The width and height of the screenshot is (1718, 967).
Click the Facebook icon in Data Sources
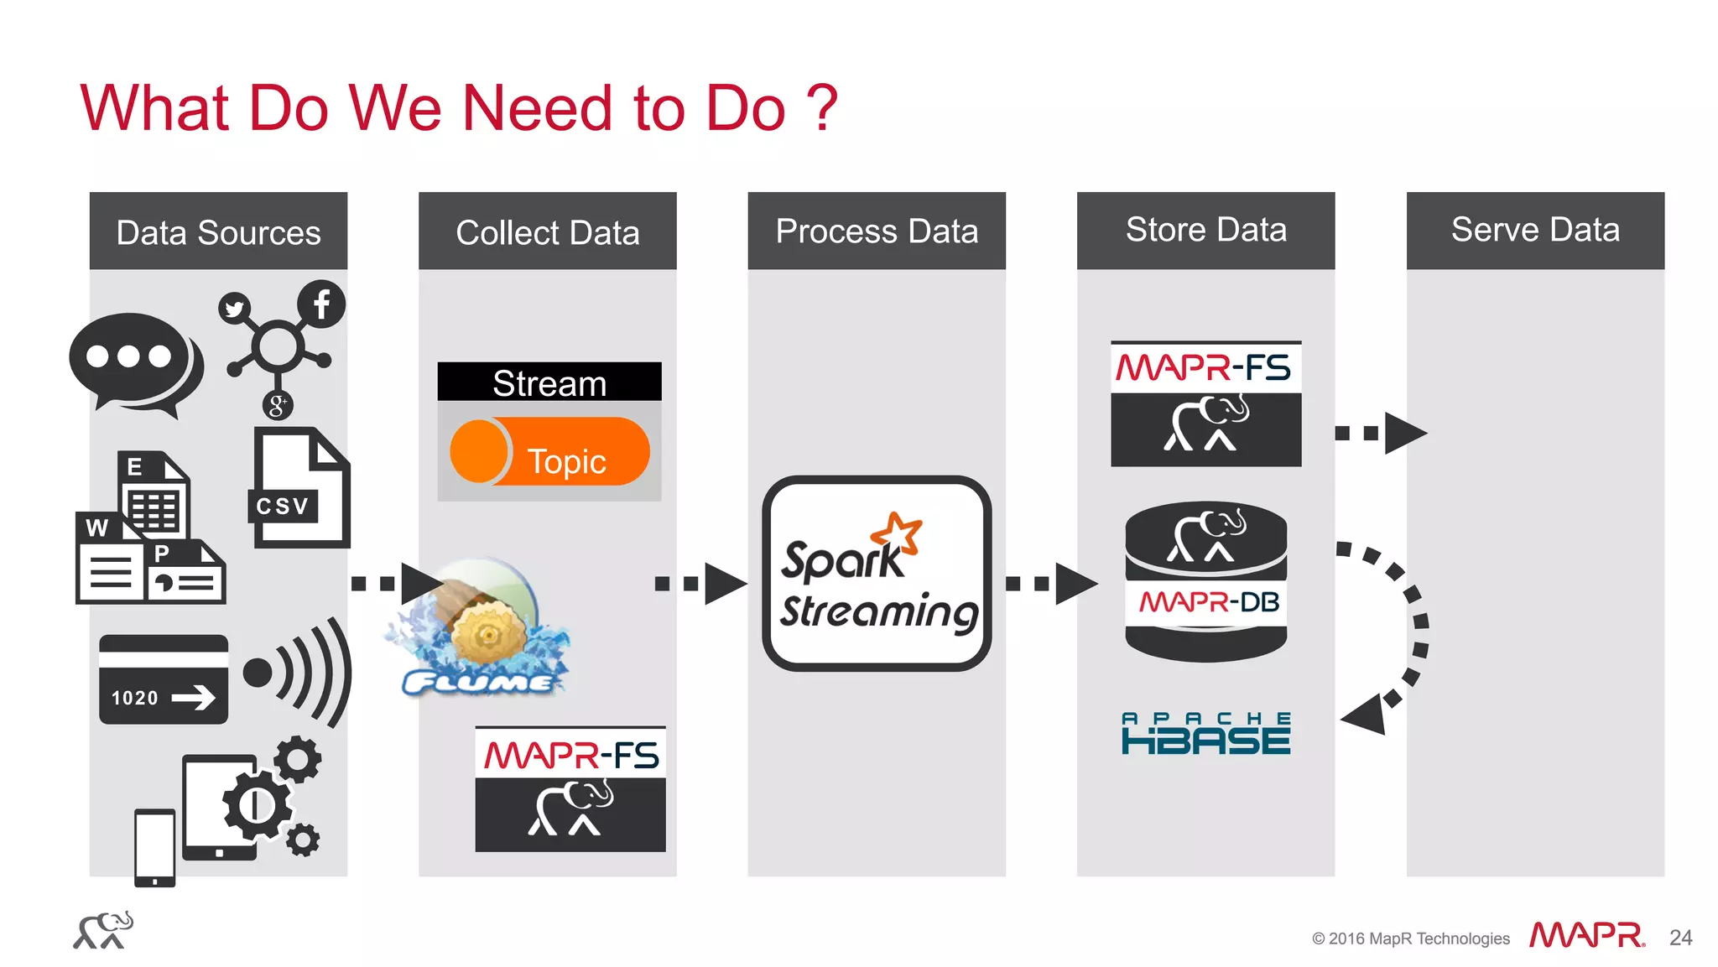(x=321, y=304)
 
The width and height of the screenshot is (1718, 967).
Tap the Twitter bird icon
(x=234, y=309)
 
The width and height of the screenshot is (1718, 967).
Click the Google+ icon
(x=278, y=405)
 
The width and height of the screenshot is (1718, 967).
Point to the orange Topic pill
(x=550, y=451)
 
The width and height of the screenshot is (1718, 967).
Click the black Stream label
(x=549, y=382)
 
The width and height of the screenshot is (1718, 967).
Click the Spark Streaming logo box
(x=877, y=574)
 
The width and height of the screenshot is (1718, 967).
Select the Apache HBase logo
(x=1205, y=734)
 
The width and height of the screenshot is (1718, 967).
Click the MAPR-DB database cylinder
(x=1205, y=581)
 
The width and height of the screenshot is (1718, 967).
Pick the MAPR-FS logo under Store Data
(x=1205, y=403)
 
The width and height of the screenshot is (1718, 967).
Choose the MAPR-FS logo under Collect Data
(x=570, y=789)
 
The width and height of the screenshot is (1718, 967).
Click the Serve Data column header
(x=1535, y=231)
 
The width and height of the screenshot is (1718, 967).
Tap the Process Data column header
(x=877, y=231)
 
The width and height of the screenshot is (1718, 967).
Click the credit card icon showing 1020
(x=164, y=679)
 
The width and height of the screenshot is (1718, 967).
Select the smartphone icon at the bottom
(x=155, y=847)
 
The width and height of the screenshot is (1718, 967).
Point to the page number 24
(x=1680, y=938)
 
